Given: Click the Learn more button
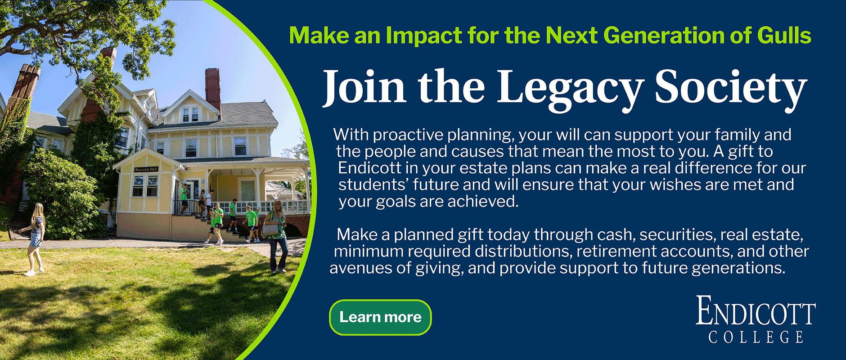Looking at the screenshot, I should point(380,317).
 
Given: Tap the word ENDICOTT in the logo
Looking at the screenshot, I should point(756,311).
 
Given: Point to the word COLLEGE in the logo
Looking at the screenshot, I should point(756,337).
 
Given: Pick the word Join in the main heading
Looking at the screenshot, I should point(364,87).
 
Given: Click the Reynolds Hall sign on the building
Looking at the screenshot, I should point(146,170).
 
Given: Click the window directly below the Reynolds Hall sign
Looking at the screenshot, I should point(145,185).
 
